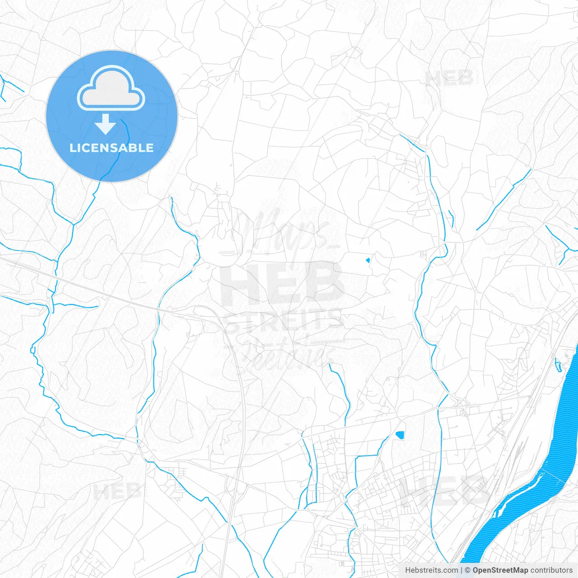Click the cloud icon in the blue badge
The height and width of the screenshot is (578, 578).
111,89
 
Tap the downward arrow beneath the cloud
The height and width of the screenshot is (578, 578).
106,124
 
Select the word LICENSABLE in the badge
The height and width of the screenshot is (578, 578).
112,148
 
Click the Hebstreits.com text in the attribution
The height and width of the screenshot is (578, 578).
431,570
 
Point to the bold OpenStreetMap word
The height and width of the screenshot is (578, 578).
500,570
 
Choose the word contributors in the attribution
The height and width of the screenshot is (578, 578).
551,570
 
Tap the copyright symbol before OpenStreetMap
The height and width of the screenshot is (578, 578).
467,570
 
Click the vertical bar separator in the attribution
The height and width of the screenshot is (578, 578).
461,570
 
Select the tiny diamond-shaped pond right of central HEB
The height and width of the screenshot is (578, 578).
368,260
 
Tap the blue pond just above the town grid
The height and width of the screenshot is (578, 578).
400,435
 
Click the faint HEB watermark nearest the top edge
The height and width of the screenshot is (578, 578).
449,78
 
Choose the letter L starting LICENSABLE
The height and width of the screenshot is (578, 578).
73,148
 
